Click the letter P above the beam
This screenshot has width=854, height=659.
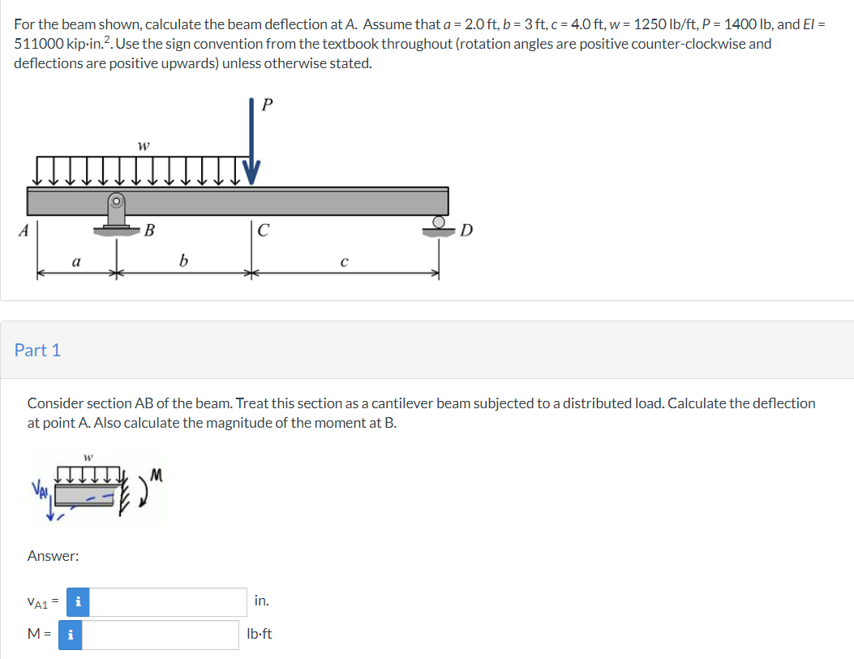tap(269, 104)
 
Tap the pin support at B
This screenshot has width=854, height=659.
tap(117, 213)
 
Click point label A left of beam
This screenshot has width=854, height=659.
tap(24, 230)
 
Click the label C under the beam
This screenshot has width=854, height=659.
tap(263, 230)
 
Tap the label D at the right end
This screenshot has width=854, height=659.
tap(466, 230)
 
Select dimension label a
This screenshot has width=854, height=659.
tap(75, 261)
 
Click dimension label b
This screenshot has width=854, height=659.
tap(183, 261)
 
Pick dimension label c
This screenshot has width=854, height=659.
tap(345, 261)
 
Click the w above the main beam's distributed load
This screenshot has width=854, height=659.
tap(143, 147)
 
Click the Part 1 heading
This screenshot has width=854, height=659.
tap(37, 350)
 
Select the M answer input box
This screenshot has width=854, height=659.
tap(161, 635)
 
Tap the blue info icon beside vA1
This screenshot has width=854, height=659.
tap(77, 601)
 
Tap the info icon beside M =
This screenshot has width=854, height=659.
tap(71, 635)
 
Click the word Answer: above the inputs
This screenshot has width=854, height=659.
tap(53, 556)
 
